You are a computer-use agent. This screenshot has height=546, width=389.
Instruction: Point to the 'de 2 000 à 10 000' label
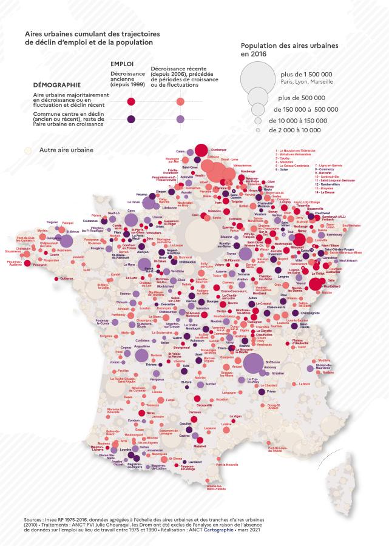[299, 130]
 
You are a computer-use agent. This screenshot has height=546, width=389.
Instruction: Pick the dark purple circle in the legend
[130, 118]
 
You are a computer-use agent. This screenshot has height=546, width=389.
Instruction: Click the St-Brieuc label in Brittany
[72, 231]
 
